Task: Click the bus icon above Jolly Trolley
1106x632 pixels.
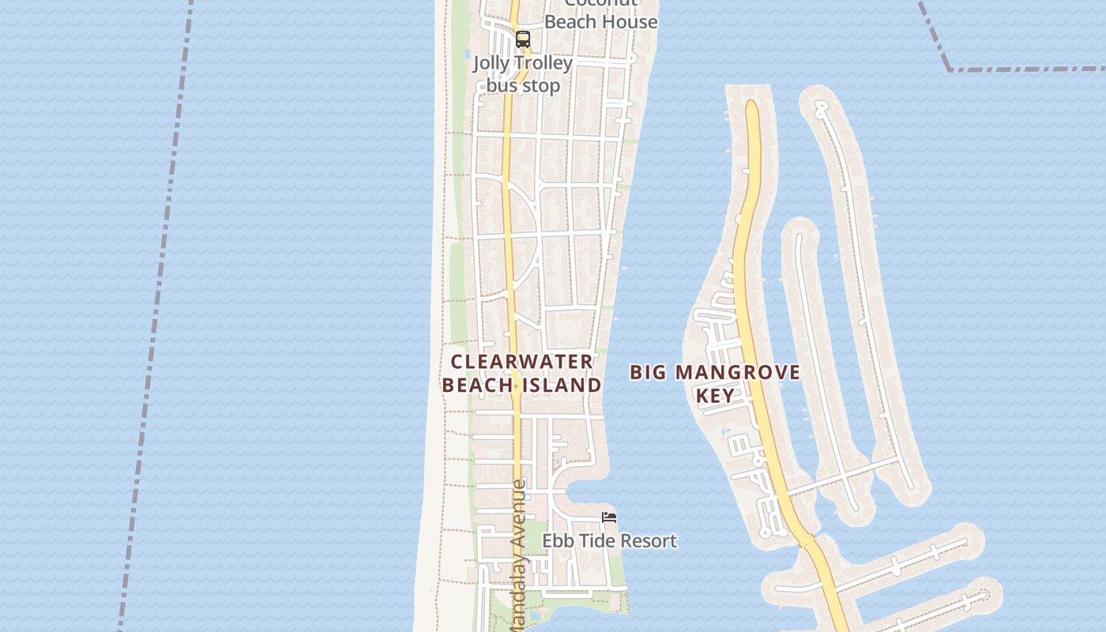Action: pyautogui.click(x=522, y=39)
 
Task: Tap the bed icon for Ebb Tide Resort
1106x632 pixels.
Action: pyautogui.click(x=609, y=517)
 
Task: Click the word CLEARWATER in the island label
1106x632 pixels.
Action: pyautogui.click(x=521, y=362)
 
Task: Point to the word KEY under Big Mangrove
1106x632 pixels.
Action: pyautogui.click(x=716, y=395)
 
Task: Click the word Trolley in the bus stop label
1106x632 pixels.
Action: pyautogui.click(x=543, y=63)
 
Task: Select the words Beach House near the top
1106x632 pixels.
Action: pyautogui.click(x=601, y=22)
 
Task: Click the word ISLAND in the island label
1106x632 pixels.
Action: pyautogui.click(x=562, y=385)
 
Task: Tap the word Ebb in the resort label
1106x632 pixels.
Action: pyautogui.click(x=556, y=541)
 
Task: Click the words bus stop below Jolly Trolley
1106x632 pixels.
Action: pyautogui.click(x=523, y=85)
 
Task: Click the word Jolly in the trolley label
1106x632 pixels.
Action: pyautogui.click(x=491, y=63)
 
